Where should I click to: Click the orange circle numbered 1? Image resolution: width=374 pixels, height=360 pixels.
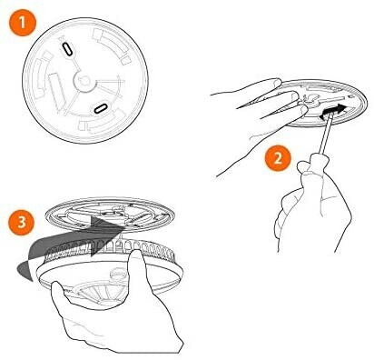[23, 23]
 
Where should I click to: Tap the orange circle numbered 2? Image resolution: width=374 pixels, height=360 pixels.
[278, 158]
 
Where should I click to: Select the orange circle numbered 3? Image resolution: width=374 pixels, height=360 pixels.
[21, 222]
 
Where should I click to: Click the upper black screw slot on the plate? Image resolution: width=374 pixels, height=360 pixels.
[67, 49]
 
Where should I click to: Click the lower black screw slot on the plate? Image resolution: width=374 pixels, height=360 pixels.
[100, 108]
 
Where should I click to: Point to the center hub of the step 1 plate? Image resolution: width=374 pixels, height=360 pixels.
[84, 81]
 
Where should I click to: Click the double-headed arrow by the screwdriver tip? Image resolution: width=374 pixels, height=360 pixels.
[331, 111]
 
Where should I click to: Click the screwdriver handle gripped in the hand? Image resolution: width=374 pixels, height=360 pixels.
[309, 166]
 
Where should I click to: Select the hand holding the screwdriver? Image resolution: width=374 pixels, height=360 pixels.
[313, 206]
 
